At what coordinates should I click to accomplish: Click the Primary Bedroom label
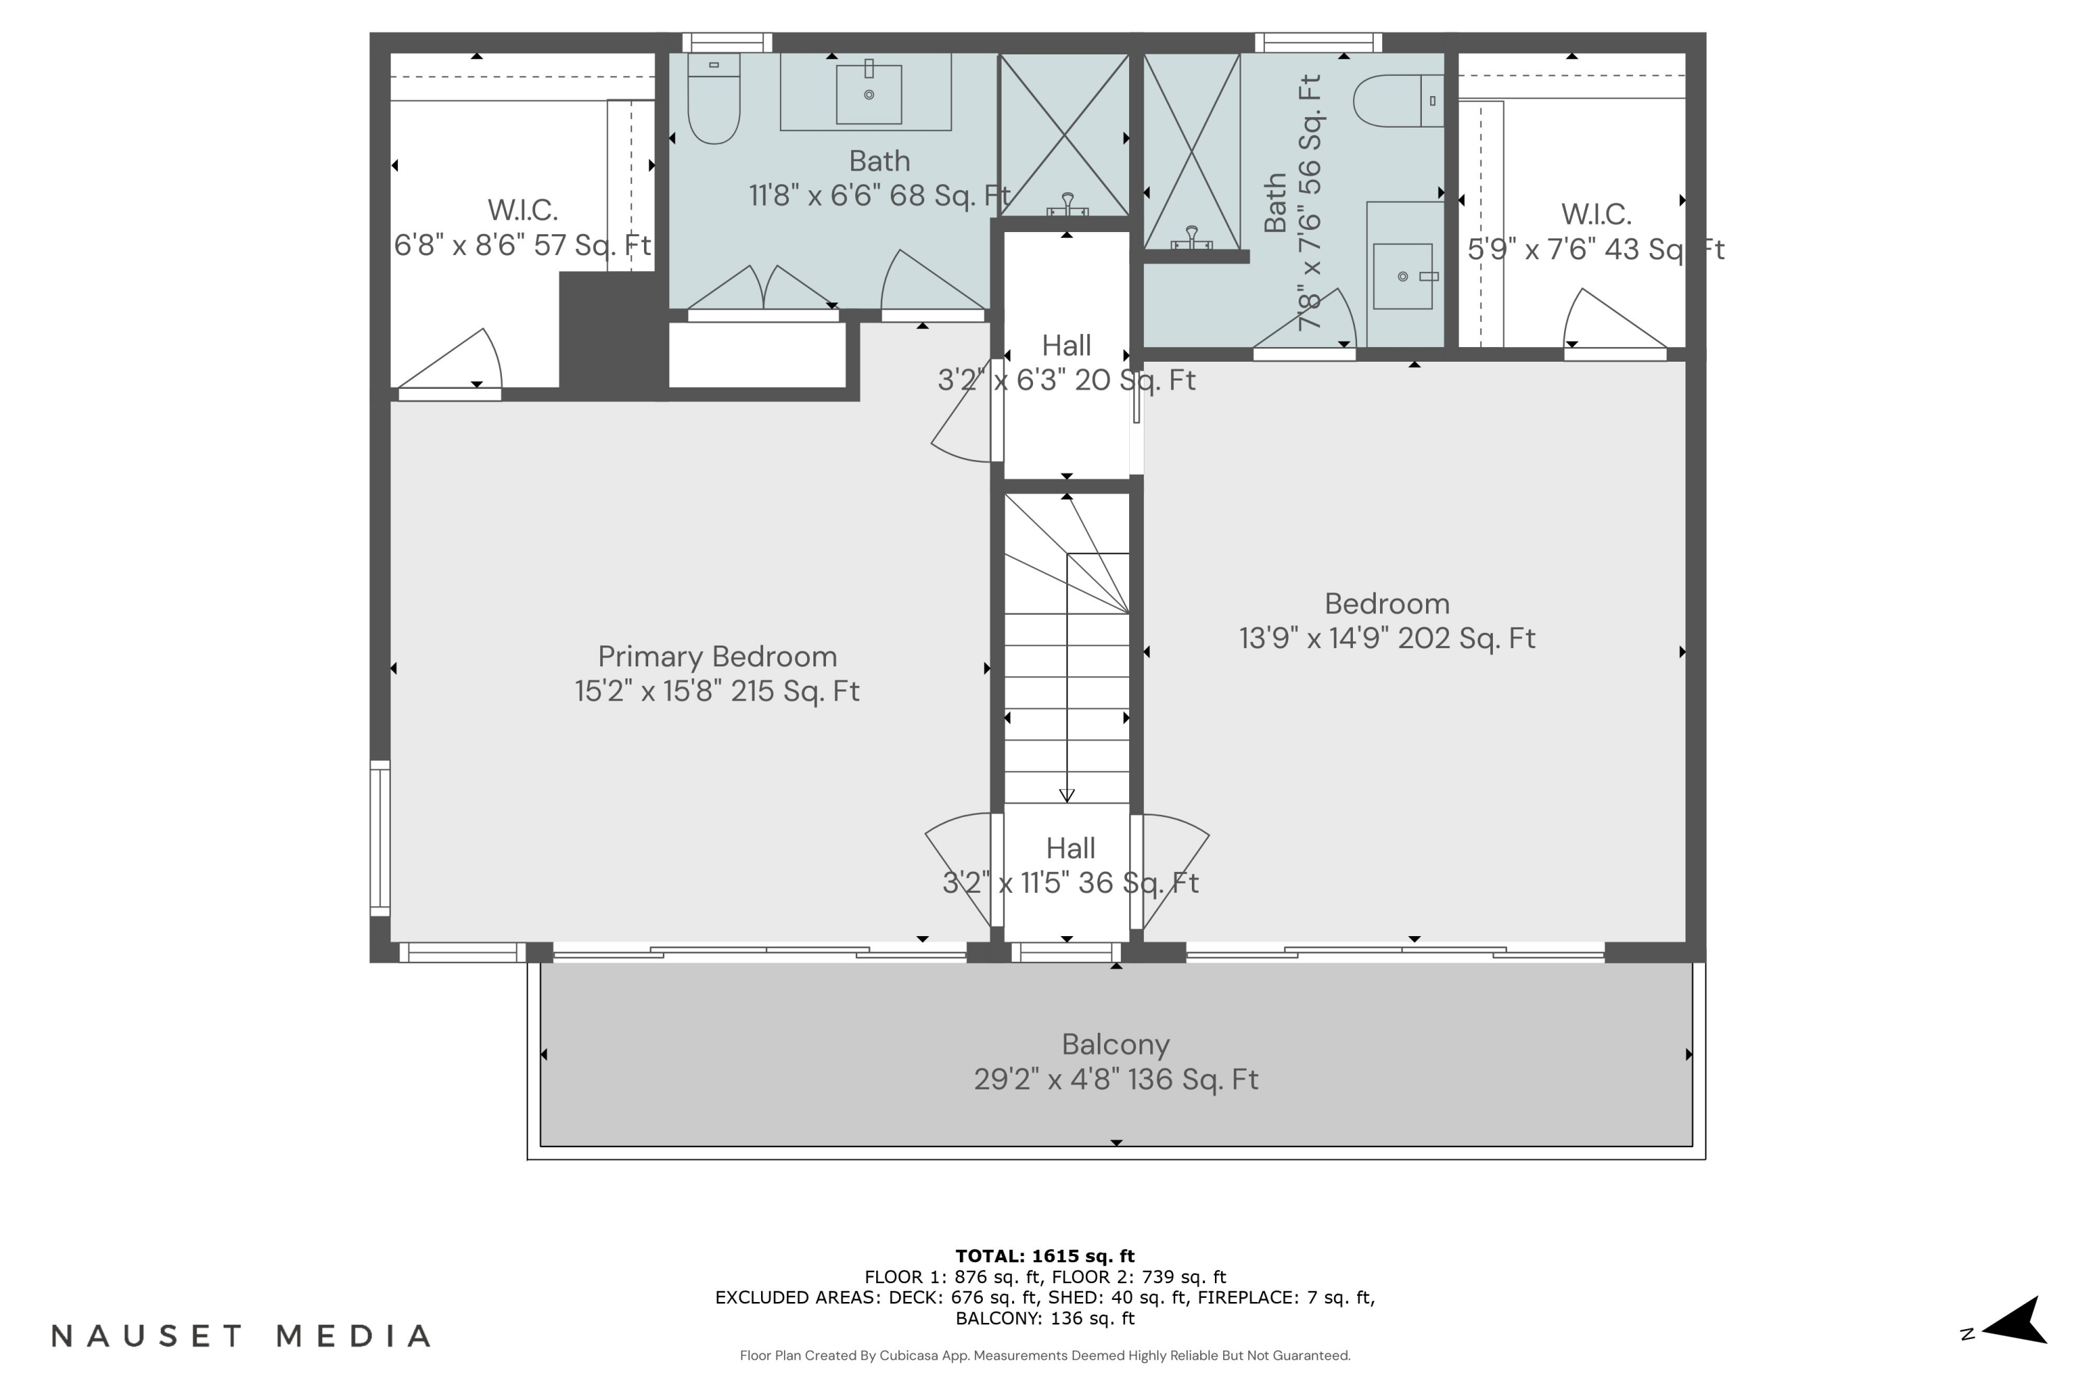point(717,657)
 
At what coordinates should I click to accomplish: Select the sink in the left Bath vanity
point(868,93)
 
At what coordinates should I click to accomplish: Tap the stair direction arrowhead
point(1067,796)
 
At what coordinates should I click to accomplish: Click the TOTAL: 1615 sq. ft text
point(1045,1256)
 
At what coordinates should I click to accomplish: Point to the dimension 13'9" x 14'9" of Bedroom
point(1387,638)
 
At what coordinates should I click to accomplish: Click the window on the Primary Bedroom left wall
point(380,838)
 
